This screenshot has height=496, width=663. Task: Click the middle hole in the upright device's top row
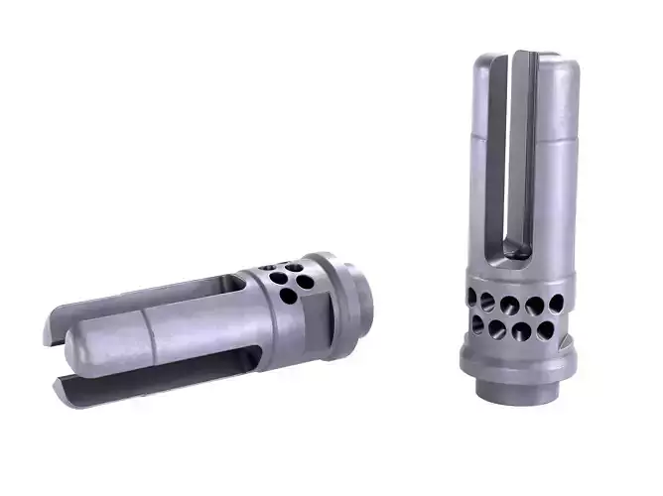[512, 303]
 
